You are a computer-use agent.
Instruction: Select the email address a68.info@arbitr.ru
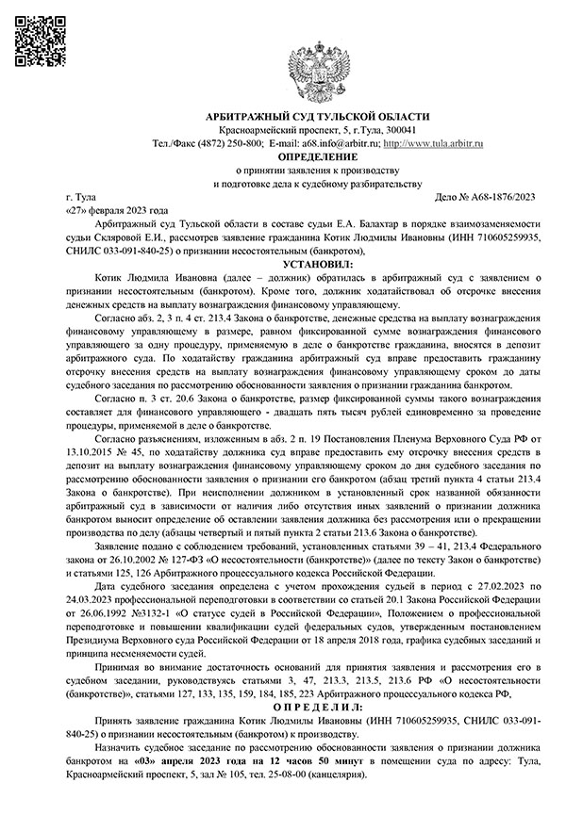325,142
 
